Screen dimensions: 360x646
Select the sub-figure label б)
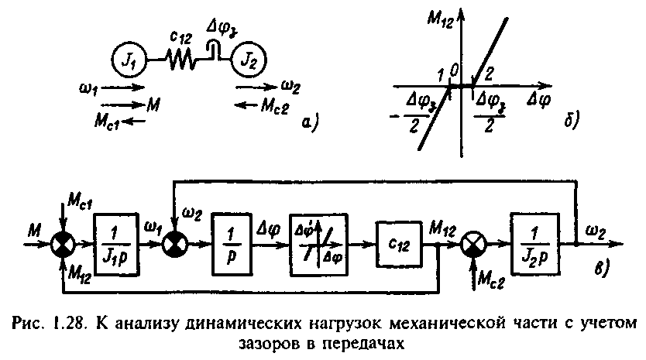click(x=572, y=120)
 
